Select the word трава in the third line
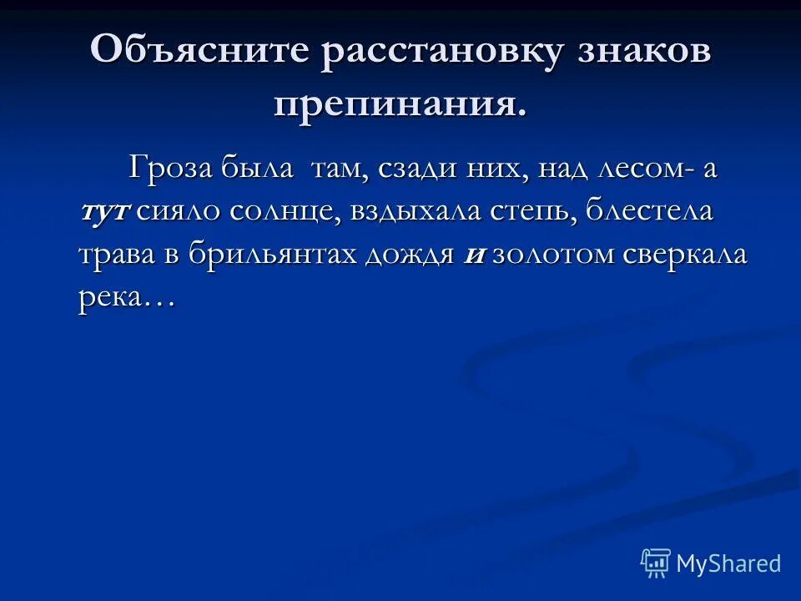pyautogui.click(x=117, y=255)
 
